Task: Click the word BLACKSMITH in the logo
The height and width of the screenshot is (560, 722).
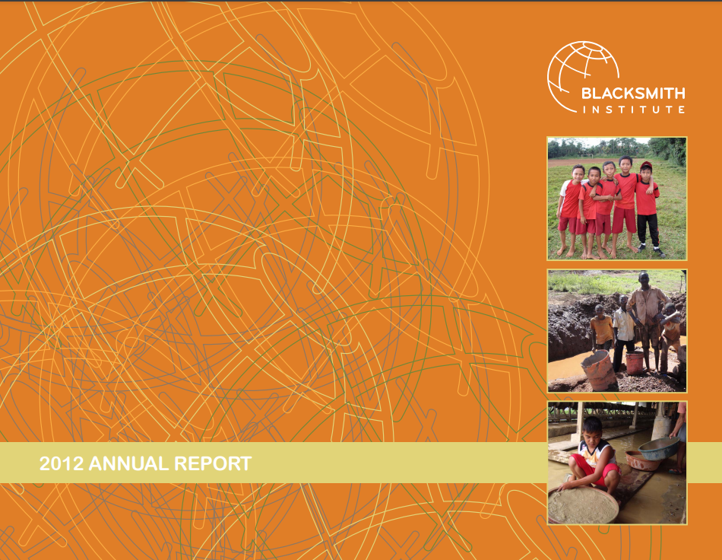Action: pos(633,94)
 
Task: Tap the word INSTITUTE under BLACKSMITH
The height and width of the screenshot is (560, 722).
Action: pos(633,110)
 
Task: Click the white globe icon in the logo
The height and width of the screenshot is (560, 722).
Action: pos(575,72)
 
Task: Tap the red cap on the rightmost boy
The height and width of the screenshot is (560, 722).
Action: pos(647,164)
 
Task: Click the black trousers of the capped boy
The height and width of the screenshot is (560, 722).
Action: pos(648,229)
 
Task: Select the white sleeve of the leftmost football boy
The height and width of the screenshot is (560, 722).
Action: pos(564,187)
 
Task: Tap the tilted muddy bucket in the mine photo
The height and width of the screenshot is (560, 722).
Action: pos(600,370)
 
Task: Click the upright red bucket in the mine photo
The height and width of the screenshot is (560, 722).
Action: pos(635,362)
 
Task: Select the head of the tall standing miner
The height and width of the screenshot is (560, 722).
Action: pos(644,278)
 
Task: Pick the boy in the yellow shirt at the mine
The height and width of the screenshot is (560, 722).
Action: pos(603,329)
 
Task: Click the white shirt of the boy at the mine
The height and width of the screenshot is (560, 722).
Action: pos(624,326)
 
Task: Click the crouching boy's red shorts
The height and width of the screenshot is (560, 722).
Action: pos(605,473)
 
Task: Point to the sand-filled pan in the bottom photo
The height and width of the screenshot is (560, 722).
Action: pos(584,504)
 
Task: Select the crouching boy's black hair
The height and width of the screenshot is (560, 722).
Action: pos(592,425)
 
